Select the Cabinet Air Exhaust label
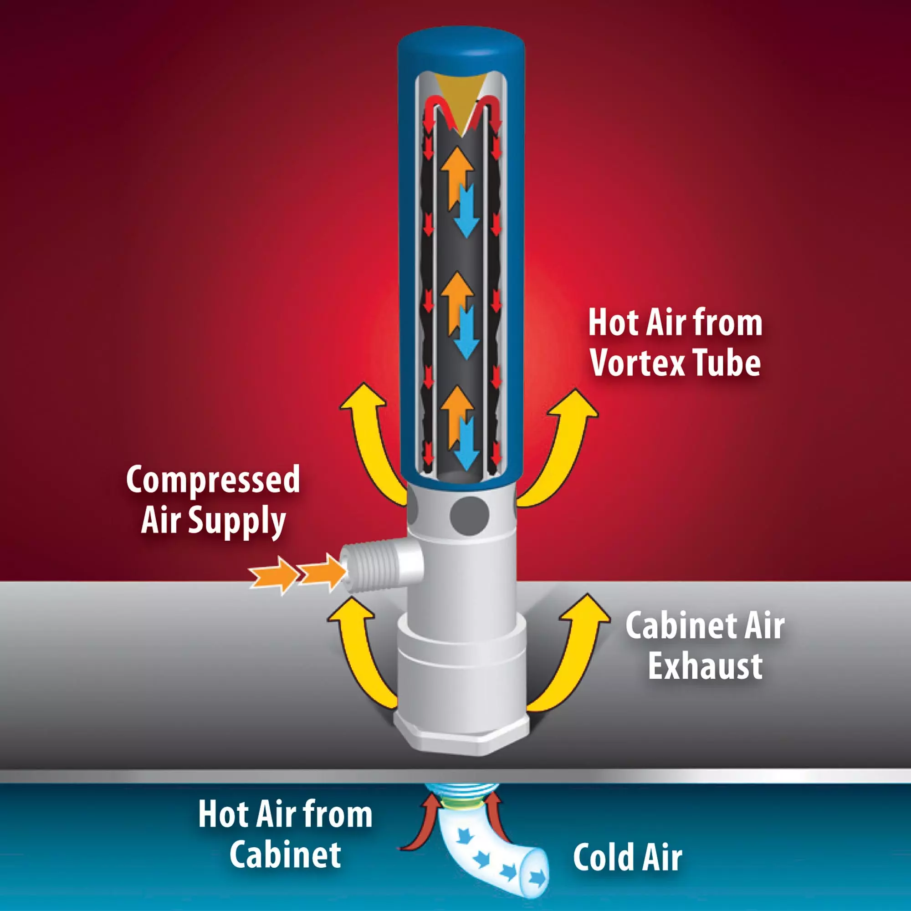point(705,645)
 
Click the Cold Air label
point(628,857)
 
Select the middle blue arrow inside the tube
point(466,333)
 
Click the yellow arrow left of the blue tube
point(373,439)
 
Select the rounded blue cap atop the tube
point(461,47)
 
